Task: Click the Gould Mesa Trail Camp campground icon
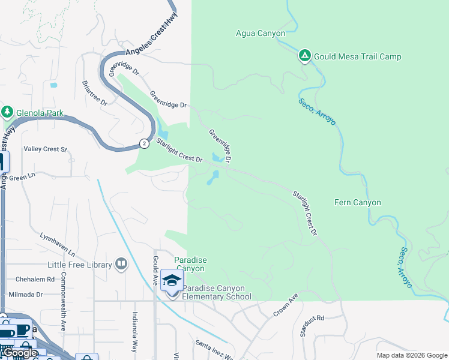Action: point(305,56)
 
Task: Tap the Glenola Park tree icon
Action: point(7,112)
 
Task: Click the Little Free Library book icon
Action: point(121,264)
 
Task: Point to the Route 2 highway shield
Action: point(144,143)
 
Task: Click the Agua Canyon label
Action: point(261,34)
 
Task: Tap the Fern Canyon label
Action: point(357,203)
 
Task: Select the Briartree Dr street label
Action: point(94,94)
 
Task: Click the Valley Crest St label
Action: point(45,149)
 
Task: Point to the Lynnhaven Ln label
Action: point(58,244)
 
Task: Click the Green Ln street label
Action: point(22,177)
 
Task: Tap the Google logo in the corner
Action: point(19,352)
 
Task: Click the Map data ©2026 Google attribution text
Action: point(412,355)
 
